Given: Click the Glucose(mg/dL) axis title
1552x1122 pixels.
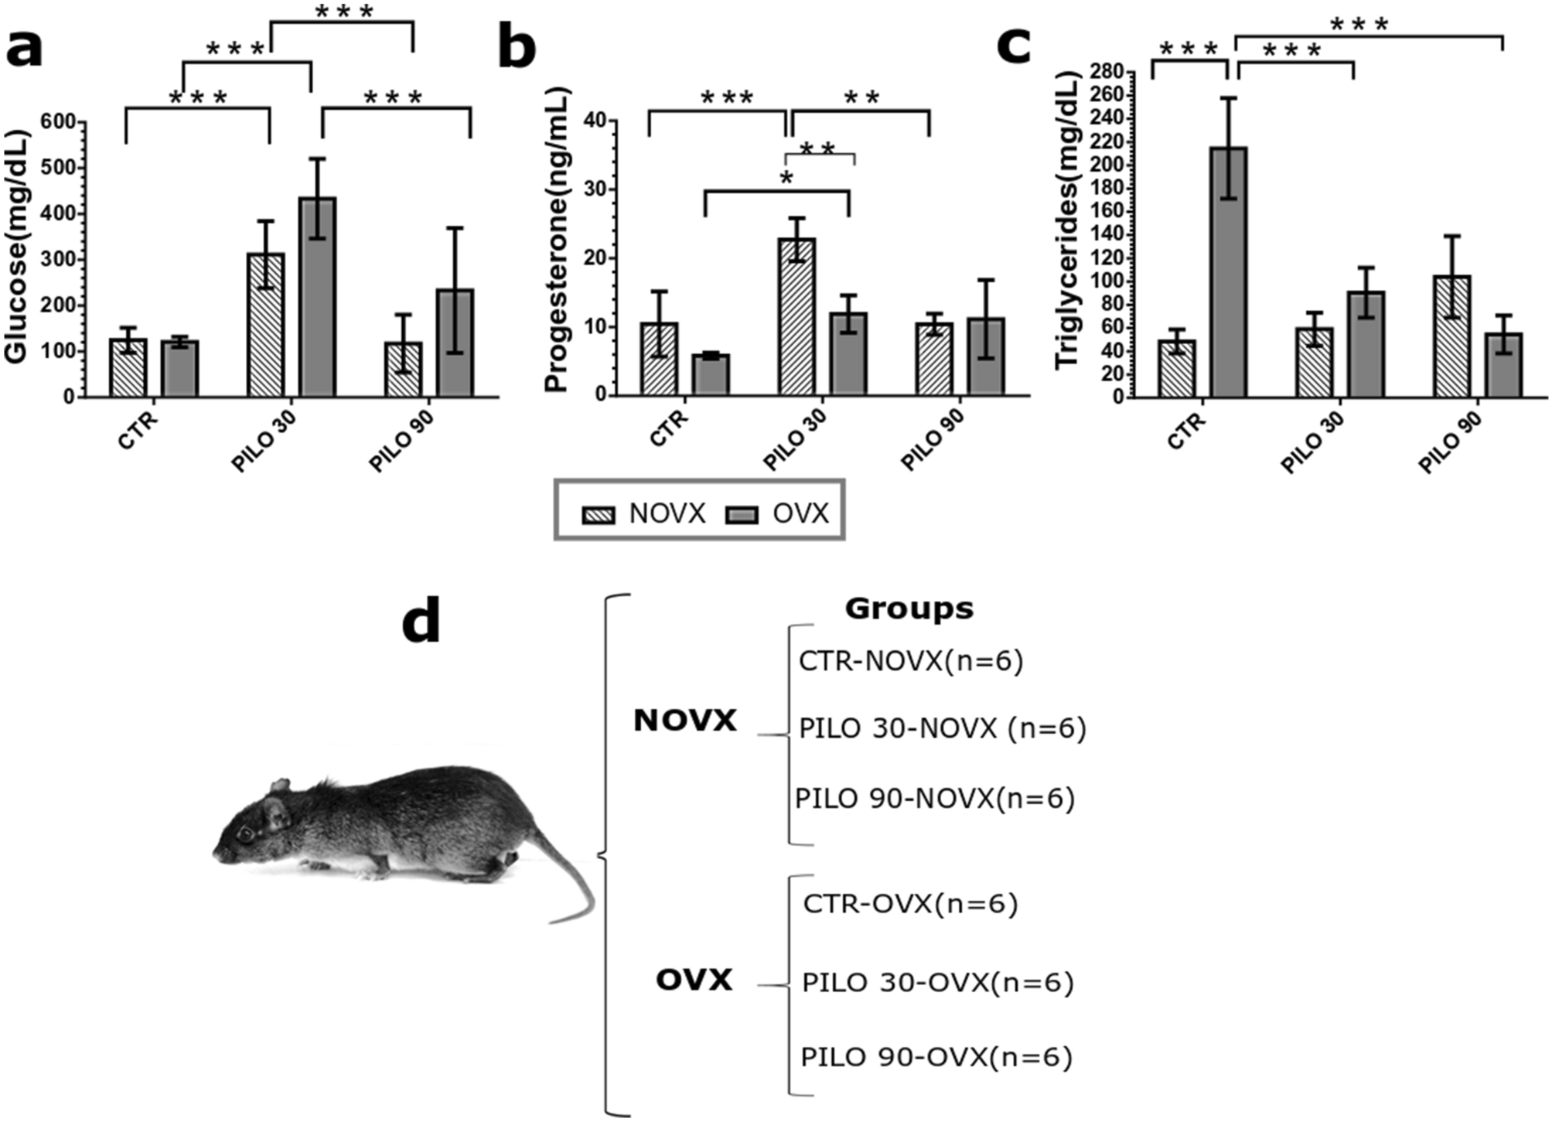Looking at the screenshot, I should point(16,247).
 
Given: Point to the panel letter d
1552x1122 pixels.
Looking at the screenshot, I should point(421,622).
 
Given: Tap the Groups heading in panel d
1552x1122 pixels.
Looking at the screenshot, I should point(909,609).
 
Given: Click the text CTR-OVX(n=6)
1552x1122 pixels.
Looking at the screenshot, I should point(910,904).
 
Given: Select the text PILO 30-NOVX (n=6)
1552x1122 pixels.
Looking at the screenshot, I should point(942,729).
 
